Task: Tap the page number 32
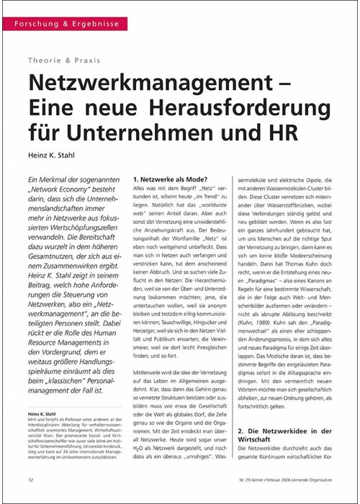click(31, 479)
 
